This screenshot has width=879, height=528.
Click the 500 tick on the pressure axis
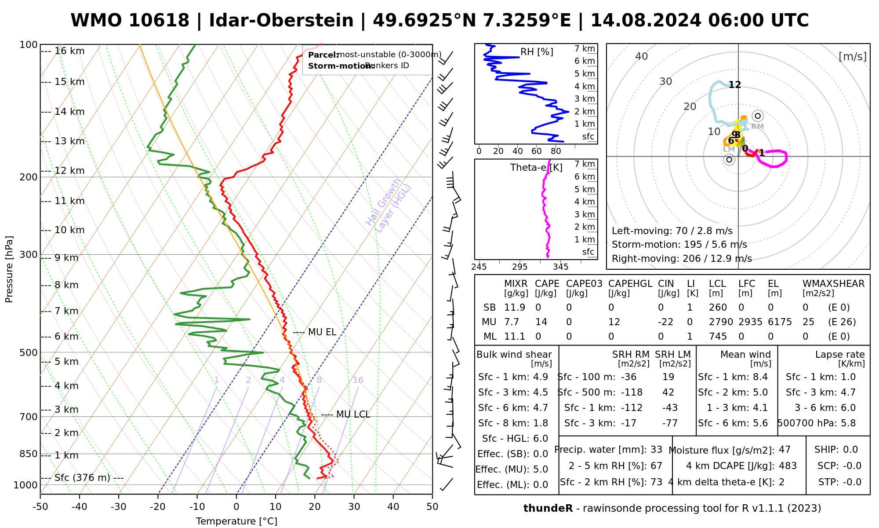tap(29, 352)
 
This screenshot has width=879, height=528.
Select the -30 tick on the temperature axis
tap(119, 506)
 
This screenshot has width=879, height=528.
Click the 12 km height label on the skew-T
tap(69, 171)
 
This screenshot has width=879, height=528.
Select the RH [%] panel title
tap(537, 52)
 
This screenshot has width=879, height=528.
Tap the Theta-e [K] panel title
tap(536, 168)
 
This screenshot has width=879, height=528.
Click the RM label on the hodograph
tap(757, 127)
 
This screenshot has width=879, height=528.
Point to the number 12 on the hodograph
tap(735, 85)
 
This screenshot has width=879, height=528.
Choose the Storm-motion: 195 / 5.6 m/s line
tap(679, 245)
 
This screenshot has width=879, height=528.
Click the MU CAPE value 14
tap(541, 322)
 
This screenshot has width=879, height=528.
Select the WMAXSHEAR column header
tap(833, 284)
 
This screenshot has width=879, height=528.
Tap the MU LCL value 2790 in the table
tap(721, 322)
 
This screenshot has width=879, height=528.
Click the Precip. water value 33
tap(656, 450)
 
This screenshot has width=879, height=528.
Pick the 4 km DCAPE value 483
tap(788, 466)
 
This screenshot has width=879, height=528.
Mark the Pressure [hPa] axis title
tap(9, 269)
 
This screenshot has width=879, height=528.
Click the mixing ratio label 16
tap(358, 380)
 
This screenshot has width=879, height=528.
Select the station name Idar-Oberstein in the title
tap(281, 21)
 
